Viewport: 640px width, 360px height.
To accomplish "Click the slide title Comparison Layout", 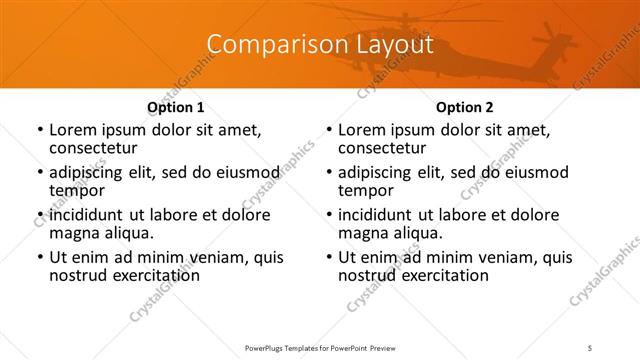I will (320, 45).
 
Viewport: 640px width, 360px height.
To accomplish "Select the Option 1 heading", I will (175, 107).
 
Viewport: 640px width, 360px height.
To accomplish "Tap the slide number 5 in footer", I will (592, 347).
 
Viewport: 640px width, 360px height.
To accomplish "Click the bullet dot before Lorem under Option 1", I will (39, 131).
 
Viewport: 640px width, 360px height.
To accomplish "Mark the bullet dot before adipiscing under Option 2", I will (328, 173).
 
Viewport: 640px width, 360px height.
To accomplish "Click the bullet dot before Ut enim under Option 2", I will (328, 258).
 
